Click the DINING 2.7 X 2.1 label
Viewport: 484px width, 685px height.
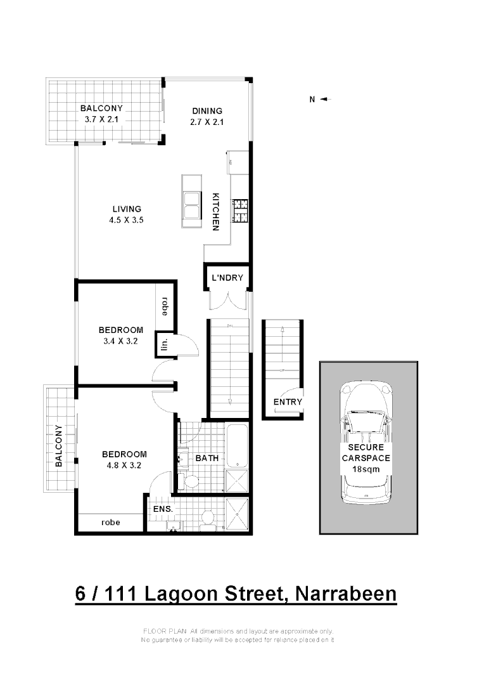tap(207, 117)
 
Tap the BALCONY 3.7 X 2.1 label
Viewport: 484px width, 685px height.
tap(101, 114)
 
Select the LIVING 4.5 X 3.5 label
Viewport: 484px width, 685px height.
tap(127, 214)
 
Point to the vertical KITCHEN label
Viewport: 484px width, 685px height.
tap(216, 211)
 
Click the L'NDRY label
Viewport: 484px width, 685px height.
tap(227, 278)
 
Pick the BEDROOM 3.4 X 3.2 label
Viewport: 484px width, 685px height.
tap(120, 336)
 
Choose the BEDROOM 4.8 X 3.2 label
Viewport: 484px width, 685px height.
tap(124, 459)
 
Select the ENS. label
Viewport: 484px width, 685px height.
tap(162, 509)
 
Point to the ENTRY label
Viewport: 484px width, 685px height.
tap(288, 402)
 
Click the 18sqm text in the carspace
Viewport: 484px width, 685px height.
tap(366, 469)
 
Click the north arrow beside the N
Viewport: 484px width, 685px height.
tap(326, 99)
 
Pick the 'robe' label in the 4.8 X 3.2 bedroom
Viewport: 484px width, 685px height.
tap(111, 523)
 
